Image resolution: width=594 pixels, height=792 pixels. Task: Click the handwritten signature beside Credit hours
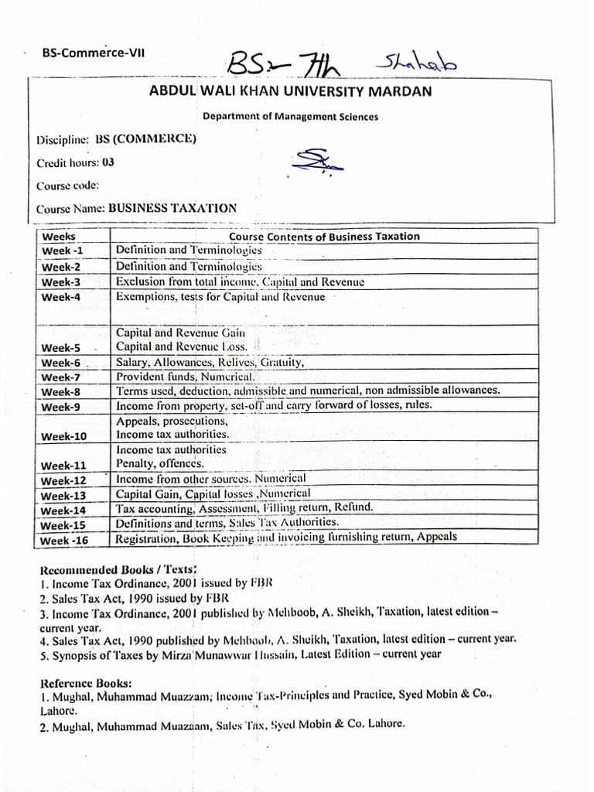[x=309, y=163]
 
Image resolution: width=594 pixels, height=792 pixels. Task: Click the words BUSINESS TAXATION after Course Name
[x=172, y=208]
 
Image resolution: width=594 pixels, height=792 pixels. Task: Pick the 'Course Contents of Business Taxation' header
[x=325, y=237]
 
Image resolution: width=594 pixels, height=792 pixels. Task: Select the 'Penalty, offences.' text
[x=160, y=463]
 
